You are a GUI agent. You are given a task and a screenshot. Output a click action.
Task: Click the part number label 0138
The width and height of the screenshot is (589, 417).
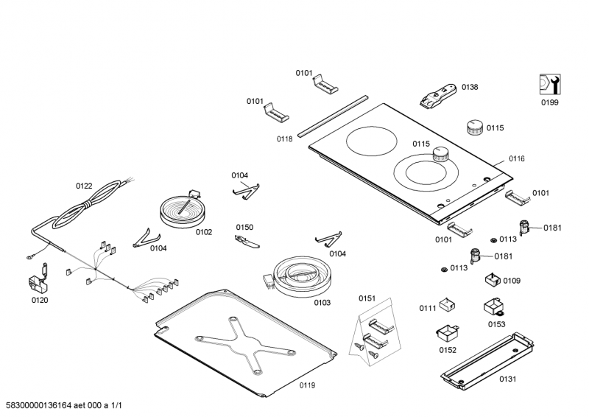(470, 87)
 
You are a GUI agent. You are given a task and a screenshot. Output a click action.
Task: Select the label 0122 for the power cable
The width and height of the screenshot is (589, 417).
(84, 186)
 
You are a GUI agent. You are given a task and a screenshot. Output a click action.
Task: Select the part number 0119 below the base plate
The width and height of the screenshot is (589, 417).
(307, 385)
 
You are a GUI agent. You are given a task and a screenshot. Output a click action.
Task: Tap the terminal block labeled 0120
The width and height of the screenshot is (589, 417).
(38, 283)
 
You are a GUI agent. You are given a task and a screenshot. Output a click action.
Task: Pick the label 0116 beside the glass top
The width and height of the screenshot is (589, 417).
(517, 159)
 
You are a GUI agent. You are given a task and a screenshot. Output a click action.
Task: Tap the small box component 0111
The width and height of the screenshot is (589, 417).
(448, 304)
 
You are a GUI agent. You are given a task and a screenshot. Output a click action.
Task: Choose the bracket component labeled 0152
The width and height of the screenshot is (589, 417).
(448, 332)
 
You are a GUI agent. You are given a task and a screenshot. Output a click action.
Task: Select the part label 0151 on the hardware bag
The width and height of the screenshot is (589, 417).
(367, 298)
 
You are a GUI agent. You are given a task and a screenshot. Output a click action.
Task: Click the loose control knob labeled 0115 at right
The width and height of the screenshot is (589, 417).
(475, 128)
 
